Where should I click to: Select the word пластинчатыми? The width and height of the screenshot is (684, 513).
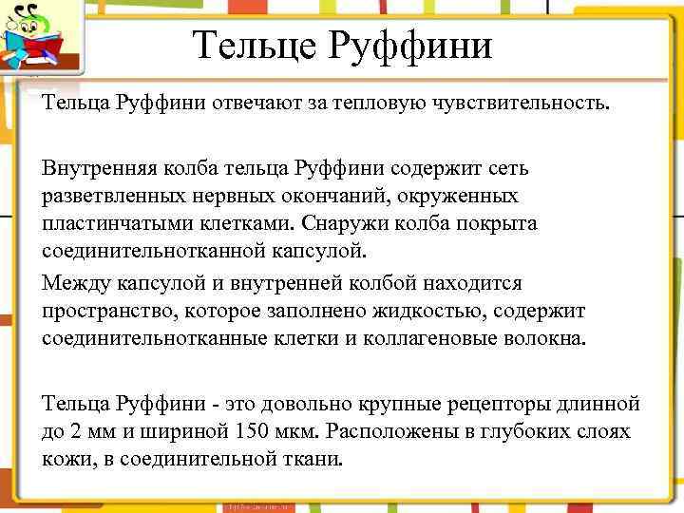[107, 224]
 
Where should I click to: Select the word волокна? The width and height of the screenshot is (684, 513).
[550, 338]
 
